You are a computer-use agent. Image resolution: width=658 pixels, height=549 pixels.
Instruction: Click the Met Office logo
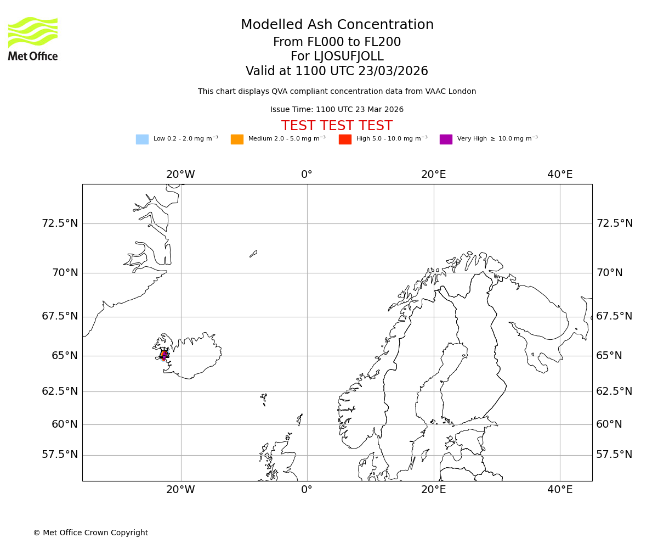point(33,38)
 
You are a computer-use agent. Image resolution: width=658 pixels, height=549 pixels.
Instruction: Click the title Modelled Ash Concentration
point(337,25)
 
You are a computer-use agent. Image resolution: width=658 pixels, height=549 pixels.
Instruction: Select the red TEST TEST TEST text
point(337,126)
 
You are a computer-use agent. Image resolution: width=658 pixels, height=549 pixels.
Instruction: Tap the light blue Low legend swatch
point(142,139)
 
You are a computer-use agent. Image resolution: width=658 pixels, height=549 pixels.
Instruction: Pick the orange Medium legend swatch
point(237,139)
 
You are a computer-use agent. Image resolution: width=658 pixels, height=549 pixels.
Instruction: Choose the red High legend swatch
point(345,139)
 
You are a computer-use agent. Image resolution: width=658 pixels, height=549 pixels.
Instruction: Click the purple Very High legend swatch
point(446,139)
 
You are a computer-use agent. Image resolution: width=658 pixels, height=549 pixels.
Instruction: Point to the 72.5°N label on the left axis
point(60,223)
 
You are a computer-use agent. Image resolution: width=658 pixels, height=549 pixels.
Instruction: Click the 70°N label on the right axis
point(609,273)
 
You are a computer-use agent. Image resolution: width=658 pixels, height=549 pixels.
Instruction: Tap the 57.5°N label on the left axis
point(60,455)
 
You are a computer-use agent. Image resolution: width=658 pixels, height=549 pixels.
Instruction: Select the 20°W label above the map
point(180,175)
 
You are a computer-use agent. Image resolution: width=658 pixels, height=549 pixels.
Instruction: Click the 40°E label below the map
point(560,490)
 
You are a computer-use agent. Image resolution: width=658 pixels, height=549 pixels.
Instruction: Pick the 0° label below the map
point(307,490)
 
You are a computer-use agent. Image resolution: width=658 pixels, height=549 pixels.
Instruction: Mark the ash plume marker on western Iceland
point(164,355)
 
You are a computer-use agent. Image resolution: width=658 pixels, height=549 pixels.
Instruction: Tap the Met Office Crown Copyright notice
point(90,533)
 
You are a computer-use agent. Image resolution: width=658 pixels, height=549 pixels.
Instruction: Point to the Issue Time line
point(337,110)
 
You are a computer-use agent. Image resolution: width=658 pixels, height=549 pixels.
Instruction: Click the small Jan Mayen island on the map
point(253,254)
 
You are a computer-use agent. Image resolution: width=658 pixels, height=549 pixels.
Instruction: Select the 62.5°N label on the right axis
point(614,391)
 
